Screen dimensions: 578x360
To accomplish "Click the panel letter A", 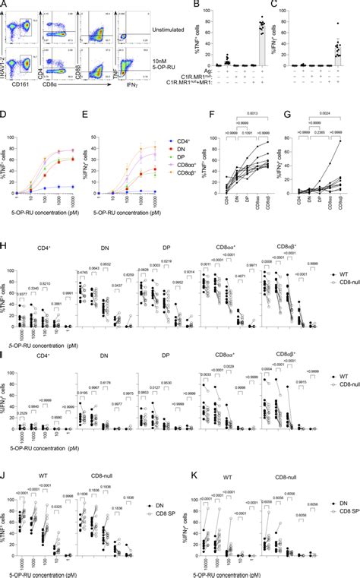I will pos(5,4).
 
